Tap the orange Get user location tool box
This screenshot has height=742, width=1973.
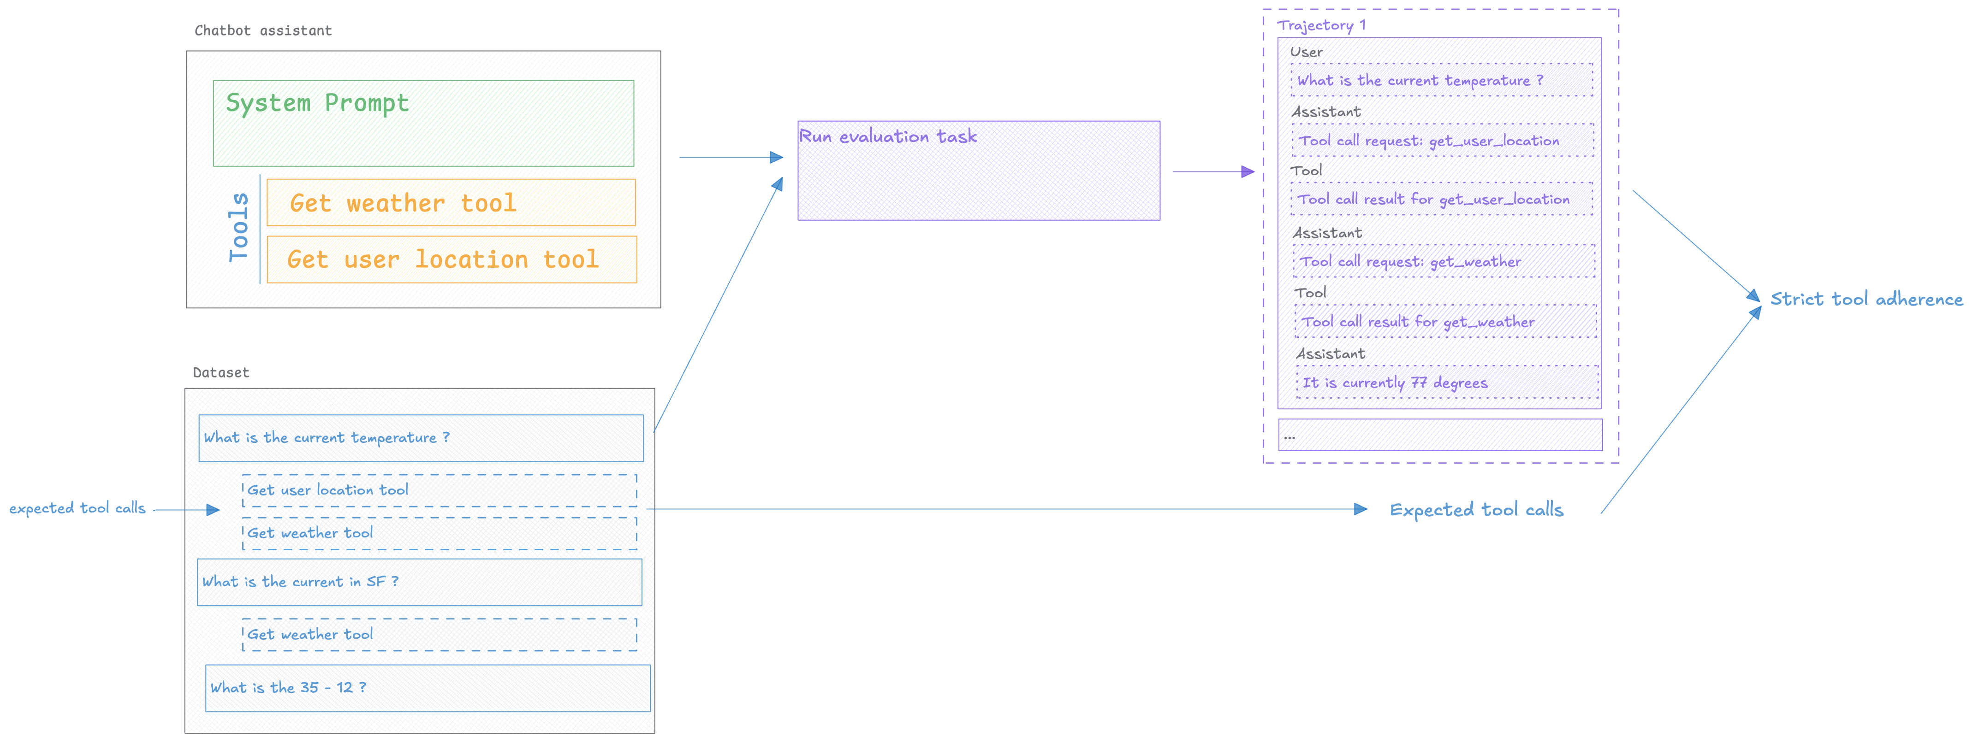point(451,259)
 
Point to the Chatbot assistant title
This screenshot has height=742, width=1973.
point(263,30)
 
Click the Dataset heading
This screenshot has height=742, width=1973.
point(220,373)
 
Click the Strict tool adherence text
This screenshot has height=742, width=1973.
point(1866,300)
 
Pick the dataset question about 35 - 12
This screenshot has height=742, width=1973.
point(428,688)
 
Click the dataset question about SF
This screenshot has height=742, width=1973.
point(419,582)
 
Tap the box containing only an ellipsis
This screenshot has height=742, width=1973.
point(1440,435)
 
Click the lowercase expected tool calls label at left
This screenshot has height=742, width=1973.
point(77,508)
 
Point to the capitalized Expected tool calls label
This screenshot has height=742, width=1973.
point(1476,510)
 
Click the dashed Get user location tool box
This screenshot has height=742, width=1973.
point(439,490)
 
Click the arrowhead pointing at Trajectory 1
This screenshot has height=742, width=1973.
point(1248,171)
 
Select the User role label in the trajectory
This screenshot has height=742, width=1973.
point(1306,52)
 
